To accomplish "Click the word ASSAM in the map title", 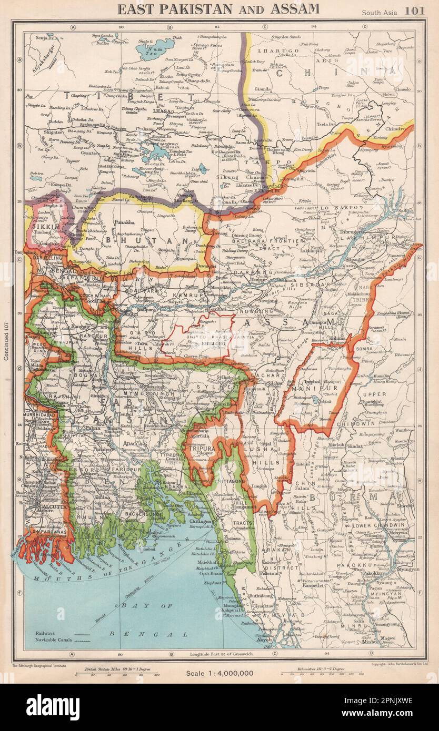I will [295, 8].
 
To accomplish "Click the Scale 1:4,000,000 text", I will [219, 673].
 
